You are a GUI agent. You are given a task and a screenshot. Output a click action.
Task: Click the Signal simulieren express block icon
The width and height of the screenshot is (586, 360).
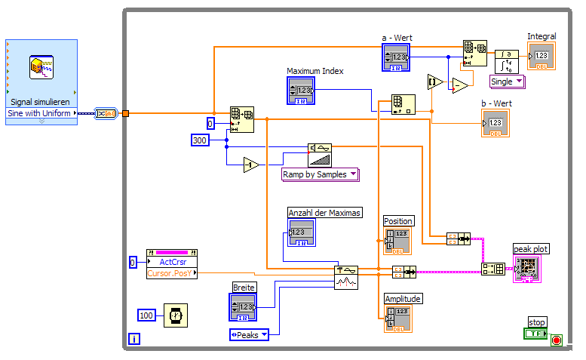click(x=41, y=68)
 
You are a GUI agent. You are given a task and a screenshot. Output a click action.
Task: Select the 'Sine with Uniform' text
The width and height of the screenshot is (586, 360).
click(x=40, y=114)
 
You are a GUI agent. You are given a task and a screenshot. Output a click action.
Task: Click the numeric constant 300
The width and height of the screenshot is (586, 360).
click(x=200, y=140)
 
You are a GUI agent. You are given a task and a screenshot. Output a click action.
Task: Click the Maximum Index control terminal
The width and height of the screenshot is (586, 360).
click(x=300, y=91)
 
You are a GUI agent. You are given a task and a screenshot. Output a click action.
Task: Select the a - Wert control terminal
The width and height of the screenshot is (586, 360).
click(x=396, y=57)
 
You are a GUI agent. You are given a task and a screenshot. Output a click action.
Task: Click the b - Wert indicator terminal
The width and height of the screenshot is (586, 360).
click(x=495, y=123)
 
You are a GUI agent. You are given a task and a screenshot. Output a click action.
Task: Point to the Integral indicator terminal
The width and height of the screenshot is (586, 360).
click(x=541, y=56)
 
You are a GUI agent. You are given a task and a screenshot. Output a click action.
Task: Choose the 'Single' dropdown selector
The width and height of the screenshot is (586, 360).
click(x=507, y=82)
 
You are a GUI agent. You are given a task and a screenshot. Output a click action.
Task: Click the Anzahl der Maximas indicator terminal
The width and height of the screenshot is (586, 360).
click(x=302, y=232)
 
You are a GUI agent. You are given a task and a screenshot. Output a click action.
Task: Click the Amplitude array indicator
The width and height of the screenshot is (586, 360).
click(x=397, y=318)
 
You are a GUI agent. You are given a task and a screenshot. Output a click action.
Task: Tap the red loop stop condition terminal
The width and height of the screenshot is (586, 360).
click(x=557, y=340)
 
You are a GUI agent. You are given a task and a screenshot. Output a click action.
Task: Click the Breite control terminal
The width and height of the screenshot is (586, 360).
click(x=243, y=307)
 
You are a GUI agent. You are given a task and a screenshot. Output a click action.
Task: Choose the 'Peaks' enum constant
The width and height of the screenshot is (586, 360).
click(x=249, y=335)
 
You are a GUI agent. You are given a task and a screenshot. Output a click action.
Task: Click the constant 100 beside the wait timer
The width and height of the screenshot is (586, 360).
click(x=148, y=315)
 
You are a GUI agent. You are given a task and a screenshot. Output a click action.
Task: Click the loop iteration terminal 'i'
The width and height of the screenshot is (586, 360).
click(x=134, y=340)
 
